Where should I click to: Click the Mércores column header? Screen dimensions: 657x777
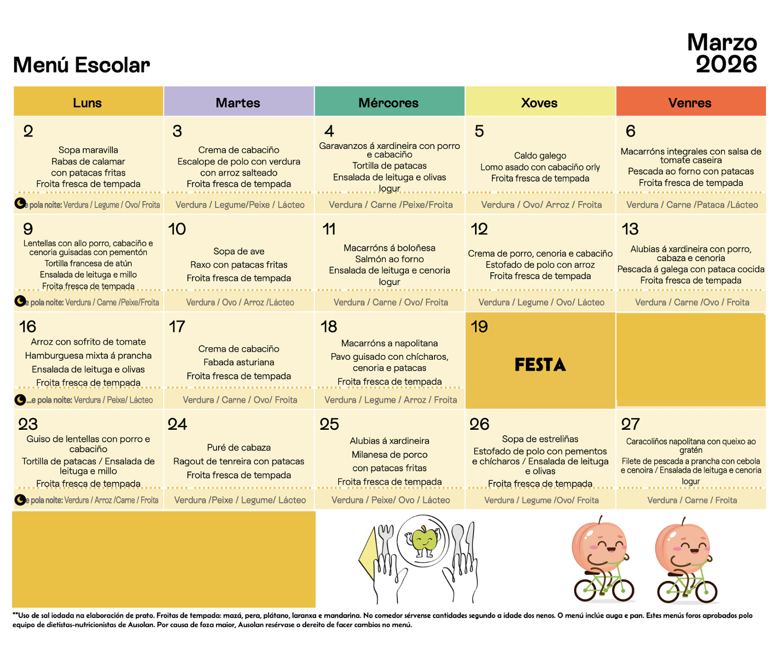pos(388,102)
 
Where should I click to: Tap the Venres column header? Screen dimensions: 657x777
pos(690,102)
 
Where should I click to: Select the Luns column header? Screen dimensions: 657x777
pos(88,102)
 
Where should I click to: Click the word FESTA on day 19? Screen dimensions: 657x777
pos(540,365)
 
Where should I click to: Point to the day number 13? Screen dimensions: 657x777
pos(630,229)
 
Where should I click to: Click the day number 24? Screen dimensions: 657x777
pos(177,424)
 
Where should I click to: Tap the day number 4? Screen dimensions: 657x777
pos(329,131)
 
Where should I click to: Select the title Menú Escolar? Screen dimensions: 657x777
pos(81,65)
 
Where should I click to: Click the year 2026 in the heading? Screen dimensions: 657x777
pos(726,65)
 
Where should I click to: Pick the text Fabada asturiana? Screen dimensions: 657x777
pos(239,362)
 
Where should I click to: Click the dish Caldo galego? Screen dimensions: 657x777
pos(540,155)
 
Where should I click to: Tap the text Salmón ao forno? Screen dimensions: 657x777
pos(389,259)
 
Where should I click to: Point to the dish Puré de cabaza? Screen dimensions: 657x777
pos(239,447)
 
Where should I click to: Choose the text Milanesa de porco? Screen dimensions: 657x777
pos(389,454)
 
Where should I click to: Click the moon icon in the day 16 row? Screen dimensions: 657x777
pos(20,400)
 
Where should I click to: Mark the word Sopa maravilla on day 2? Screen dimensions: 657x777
pos(88,150)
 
